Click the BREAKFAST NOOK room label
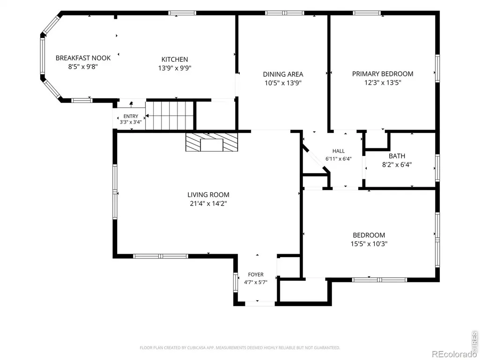coord(83,58)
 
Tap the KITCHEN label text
coord(175,59)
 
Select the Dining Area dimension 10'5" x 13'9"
coord(283,83)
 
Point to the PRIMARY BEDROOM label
coord(383,74)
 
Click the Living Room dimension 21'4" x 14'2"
coord(208,203)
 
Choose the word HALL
coord(338,151)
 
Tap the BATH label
coord(397,156)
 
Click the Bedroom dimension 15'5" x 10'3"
coord(369,244)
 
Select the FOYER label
coord(256,275)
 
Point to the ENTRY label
coord(131,116)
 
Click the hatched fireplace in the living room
coord(212,142)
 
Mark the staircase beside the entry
coord(170,116)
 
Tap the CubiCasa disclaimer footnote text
coord(240,348)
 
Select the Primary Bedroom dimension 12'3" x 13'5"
coord(383,82)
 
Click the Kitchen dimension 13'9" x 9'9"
coord(175,68)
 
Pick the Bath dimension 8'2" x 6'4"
coord(397,164)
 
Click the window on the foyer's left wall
coord(236,282)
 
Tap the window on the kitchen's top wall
coord(182,13)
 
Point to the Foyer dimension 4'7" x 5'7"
coord(256,282)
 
